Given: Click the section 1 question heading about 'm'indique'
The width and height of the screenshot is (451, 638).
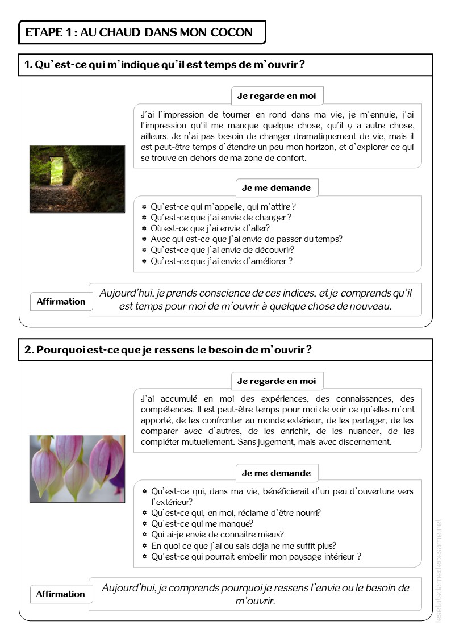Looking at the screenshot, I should (165, 65).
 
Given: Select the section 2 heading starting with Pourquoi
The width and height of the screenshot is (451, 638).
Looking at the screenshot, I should (168, 350).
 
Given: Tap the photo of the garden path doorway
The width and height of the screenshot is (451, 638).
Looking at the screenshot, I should (77, 179).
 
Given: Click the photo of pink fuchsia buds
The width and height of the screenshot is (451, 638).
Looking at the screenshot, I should (77, 469).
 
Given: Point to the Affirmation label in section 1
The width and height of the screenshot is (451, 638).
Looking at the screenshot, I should (61, 302).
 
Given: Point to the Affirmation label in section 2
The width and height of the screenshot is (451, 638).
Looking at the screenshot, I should (60, 594).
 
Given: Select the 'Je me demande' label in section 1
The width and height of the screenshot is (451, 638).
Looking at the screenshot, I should (276, 188).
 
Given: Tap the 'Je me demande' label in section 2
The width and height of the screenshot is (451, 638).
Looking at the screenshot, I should (276, 473).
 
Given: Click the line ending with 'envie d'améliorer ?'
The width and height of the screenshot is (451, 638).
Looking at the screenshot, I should (222, 261).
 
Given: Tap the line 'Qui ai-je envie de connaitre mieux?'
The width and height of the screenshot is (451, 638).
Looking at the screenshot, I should (218, 535).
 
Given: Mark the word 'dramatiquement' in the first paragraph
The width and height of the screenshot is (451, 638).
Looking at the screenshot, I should (314, 136).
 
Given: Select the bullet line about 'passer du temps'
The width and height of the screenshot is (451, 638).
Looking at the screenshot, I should (246, 239).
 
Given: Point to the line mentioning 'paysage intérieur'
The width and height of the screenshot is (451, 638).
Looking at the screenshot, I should (256, 557).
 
